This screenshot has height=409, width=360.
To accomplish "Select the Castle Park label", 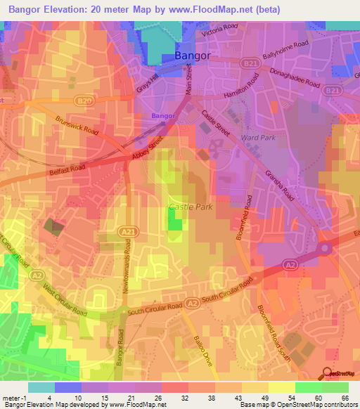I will point(186,207).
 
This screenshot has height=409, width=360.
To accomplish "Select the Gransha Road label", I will point(279,186).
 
